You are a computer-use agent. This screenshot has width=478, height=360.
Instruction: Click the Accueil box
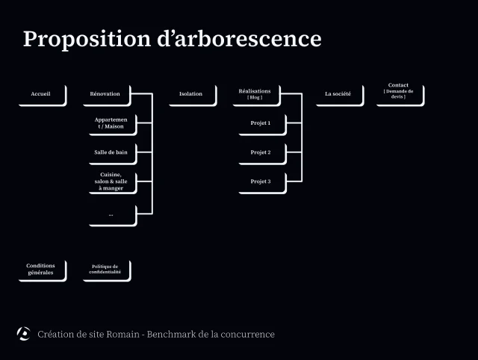(x=42, y=94)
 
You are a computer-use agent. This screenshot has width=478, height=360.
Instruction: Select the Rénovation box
(x=106, y=94)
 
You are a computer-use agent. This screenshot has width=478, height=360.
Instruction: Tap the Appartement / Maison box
(x=111, y=123)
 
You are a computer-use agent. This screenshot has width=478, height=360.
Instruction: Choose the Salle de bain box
(x=111, y=152)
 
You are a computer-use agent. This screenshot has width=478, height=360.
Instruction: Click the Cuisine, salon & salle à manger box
(x=111, y=181)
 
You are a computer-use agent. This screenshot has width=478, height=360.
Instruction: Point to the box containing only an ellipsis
(x=111, y=214)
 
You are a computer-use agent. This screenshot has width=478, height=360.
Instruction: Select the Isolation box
(x=191, y=94)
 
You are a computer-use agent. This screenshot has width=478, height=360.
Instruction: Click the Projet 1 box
(x=261, y=123)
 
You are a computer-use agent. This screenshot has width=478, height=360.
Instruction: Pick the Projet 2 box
(x=261, y=152)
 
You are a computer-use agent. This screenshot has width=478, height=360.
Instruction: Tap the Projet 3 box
(x=261, y=181)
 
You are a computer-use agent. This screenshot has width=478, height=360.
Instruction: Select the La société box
(x=338, y=94)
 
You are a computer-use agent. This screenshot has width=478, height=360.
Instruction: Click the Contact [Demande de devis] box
(x=399, y=94)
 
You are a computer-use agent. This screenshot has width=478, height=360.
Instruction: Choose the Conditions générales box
(x=41, y=270)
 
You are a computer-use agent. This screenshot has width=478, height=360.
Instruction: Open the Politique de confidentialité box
(x=106, y=270)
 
